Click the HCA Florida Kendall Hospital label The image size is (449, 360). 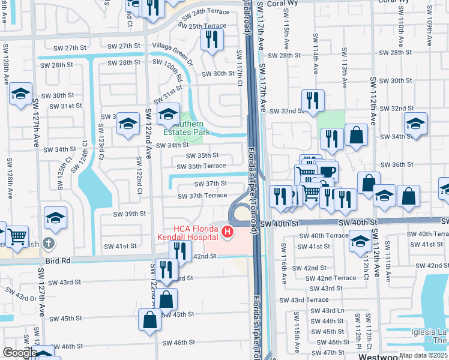coord(197,233)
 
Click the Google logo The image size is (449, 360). coord(19,353)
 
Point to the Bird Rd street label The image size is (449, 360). coord(58,261)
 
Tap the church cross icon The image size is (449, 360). coord(49,244)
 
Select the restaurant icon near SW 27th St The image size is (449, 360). coord(212,38)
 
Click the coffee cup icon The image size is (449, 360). coord(328,172)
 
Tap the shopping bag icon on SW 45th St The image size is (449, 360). coord(149,320)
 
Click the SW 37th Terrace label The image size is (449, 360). coord(202,196)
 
